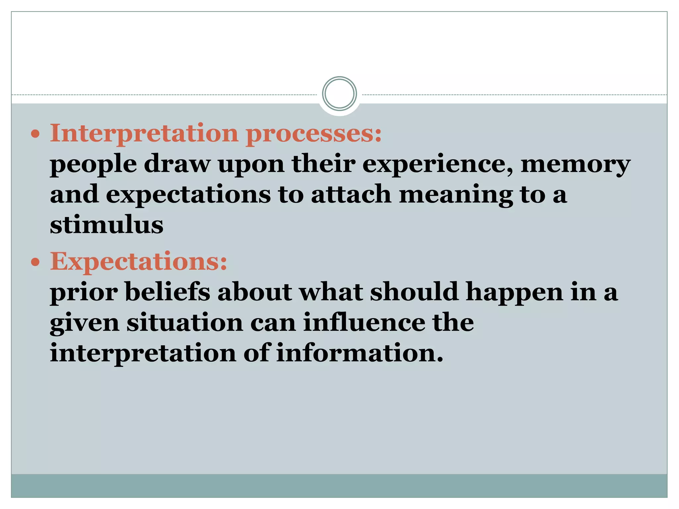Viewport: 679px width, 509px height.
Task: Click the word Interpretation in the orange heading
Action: click(144, 133)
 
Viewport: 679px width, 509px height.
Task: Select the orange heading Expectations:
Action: click(139, 261)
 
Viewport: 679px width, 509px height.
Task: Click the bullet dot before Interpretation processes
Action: click(35, 135)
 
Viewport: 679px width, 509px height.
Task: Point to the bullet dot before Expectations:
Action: click(35, 262)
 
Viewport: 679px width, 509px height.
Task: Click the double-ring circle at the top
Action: click(339, 94)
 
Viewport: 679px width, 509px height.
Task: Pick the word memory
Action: click(576, 164)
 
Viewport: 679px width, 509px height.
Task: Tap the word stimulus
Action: click(106, 225)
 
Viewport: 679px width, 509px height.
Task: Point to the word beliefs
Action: click(168, 292)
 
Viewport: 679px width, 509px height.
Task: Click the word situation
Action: click(185, 322)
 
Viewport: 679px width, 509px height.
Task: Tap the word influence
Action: click(364, 322)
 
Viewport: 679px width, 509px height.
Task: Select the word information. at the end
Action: click(360, 353)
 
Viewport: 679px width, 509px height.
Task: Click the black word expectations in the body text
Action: click(188, 195)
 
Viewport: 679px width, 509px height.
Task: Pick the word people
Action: click(93, 165)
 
